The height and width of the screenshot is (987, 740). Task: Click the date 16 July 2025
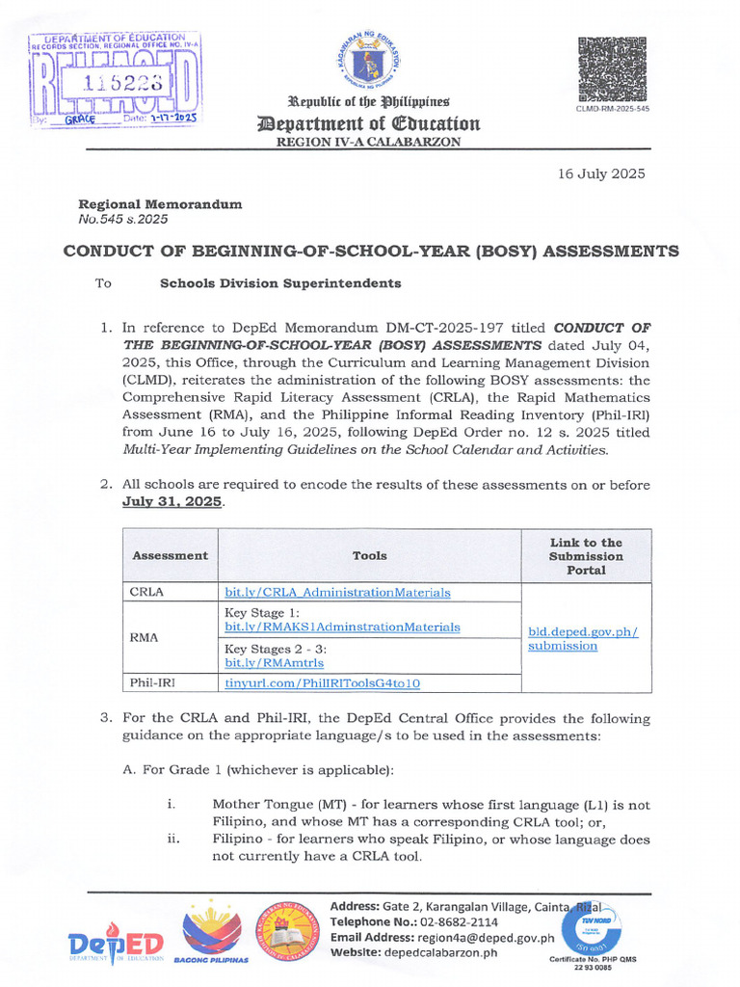click(x=601, y=174)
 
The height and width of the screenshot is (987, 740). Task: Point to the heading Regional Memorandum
click(x=160, y=204)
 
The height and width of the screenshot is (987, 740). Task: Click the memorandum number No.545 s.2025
click(x=122, y=219)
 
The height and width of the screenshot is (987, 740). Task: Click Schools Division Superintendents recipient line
click(x=279, y=283)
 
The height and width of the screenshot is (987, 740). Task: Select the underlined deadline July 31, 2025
click(x=172, y=502)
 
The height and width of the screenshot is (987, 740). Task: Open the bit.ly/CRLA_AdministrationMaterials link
click(x=337, y=593)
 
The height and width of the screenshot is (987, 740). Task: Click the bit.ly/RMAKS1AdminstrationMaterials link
click(x=342, y=627)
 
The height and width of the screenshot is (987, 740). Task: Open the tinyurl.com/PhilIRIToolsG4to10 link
click(x=323, y=683)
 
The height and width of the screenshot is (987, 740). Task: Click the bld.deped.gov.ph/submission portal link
click(x=583, y=639)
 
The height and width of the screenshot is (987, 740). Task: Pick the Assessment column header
click(x=170, y=555)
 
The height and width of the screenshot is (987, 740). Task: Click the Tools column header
click(x=369, y=555)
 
